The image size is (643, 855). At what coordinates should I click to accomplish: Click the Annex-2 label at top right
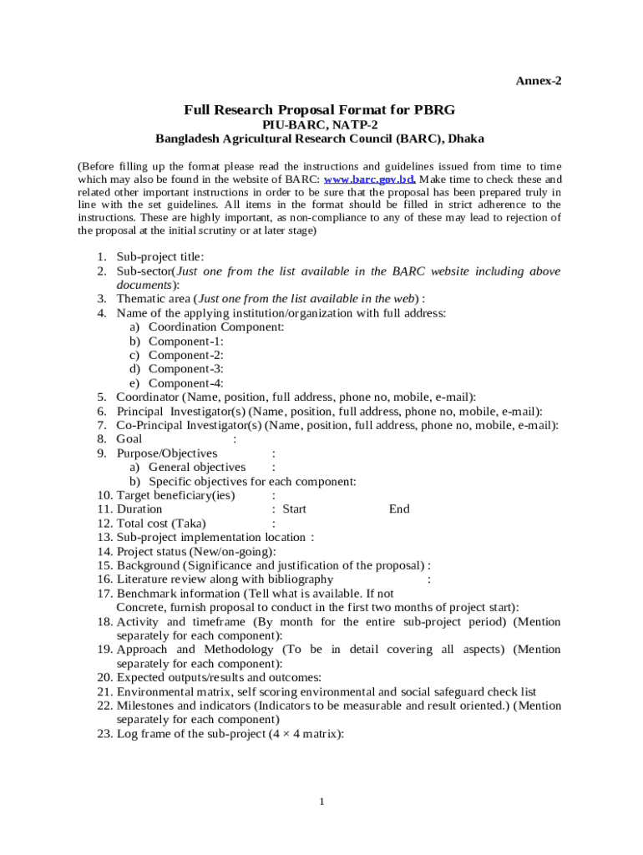tap(539, 81)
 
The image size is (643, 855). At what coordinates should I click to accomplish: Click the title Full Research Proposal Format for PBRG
tap(320, 110)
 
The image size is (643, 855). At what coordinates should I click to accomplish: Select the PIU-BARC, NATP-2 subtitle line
tap(320, 124)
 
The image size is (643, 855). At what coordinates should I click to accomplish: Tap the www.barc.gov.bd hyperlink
tap(369, 180)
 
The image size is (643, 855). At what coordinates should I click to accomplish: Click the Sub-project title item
tap(159, 257)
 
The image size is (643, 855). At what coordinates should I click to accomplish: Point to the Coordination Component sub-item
tap(216, 327)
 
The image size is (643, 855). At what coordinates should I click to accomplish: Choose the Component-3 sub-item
tap(185, 369)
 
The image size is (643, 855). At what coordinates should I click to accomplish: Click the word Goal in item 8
tap(129, 438)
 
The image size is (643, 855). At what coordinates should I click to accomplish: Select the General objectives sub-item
tap(197, 467)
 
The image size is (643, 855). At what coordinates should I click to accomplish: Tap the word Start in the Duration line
tap(294, 508)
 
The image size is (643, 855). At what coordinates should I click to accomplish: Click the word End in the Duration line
tap(399, 508)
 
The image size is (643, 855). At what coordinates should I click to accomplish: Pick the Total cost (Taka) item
tap(161, 524)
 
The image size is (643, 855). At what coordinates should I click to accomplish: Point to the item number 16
tap(104, 579)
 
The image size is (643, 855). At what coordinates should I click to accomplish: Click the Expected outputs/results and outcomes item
tap(219, 677)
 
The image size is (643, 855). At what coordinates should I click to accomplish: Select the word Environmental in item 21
tap(149, 691)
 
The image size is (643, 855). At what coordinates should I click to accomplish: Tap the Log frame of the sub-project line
tap(230, 734)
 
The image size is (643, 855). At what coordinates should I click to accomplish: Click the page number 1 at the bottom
tap(321, 802)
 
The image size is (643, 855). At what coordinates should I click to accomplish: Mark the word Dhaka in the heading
tap(467, 139)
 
